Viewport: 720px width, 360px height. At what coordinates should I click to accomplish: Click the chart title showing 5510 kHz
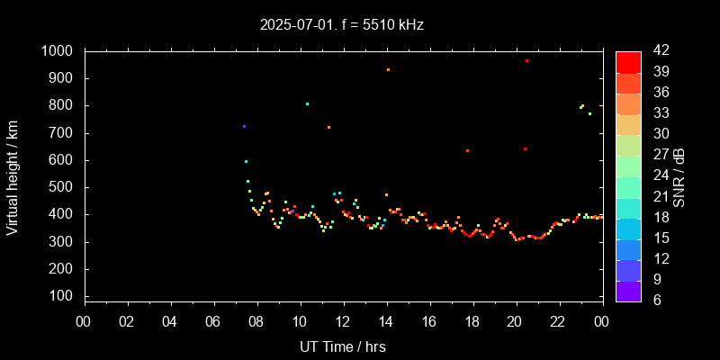coord(342,24)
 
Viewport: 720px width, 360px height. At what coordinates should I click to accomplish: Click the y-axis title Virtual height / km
coord(13,179)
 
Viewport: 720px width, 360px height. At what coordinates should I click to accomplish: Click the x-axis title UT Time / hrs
coord(343,346)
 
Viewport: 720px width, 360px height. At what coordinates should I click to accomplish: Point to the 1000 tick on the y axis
coord(60,51)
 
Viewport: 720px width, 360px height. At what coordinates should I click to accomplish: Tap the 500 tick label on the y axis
coord(65,187)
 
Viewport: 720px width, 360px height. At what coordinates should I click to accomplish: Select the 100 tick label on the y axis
coord(65,296)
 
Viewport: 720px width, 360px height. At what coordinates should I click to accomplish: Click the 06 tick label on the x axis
coord(213,320)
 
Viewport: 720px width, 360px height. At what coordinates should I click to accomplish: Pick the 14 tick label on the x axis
coord(386,320)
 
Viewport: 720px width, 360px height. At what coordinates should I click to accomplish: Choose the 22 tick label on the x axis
coord(558,320)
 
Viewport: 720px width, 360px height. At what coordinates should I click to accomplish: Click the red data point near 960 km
coord(526,61)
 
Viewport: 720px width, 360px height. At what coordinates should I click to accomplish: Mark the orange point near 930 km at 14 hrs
coord(388,69)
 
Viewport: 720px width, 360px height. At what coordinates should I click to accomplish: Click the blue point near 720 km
coord(244,126)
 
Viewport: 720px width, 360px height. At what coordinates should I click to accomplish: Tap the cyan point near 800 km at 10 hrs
coord(307,103)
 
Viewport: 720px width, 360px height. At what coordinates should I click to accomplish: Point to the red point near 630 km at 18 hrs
coord(467,150)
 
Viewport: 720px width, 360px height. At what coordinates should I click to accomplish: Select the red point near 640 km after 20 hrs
coord(525,149)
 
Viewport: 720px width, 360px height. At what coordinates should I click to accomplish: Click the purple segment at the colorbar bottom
coord(628,291)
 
